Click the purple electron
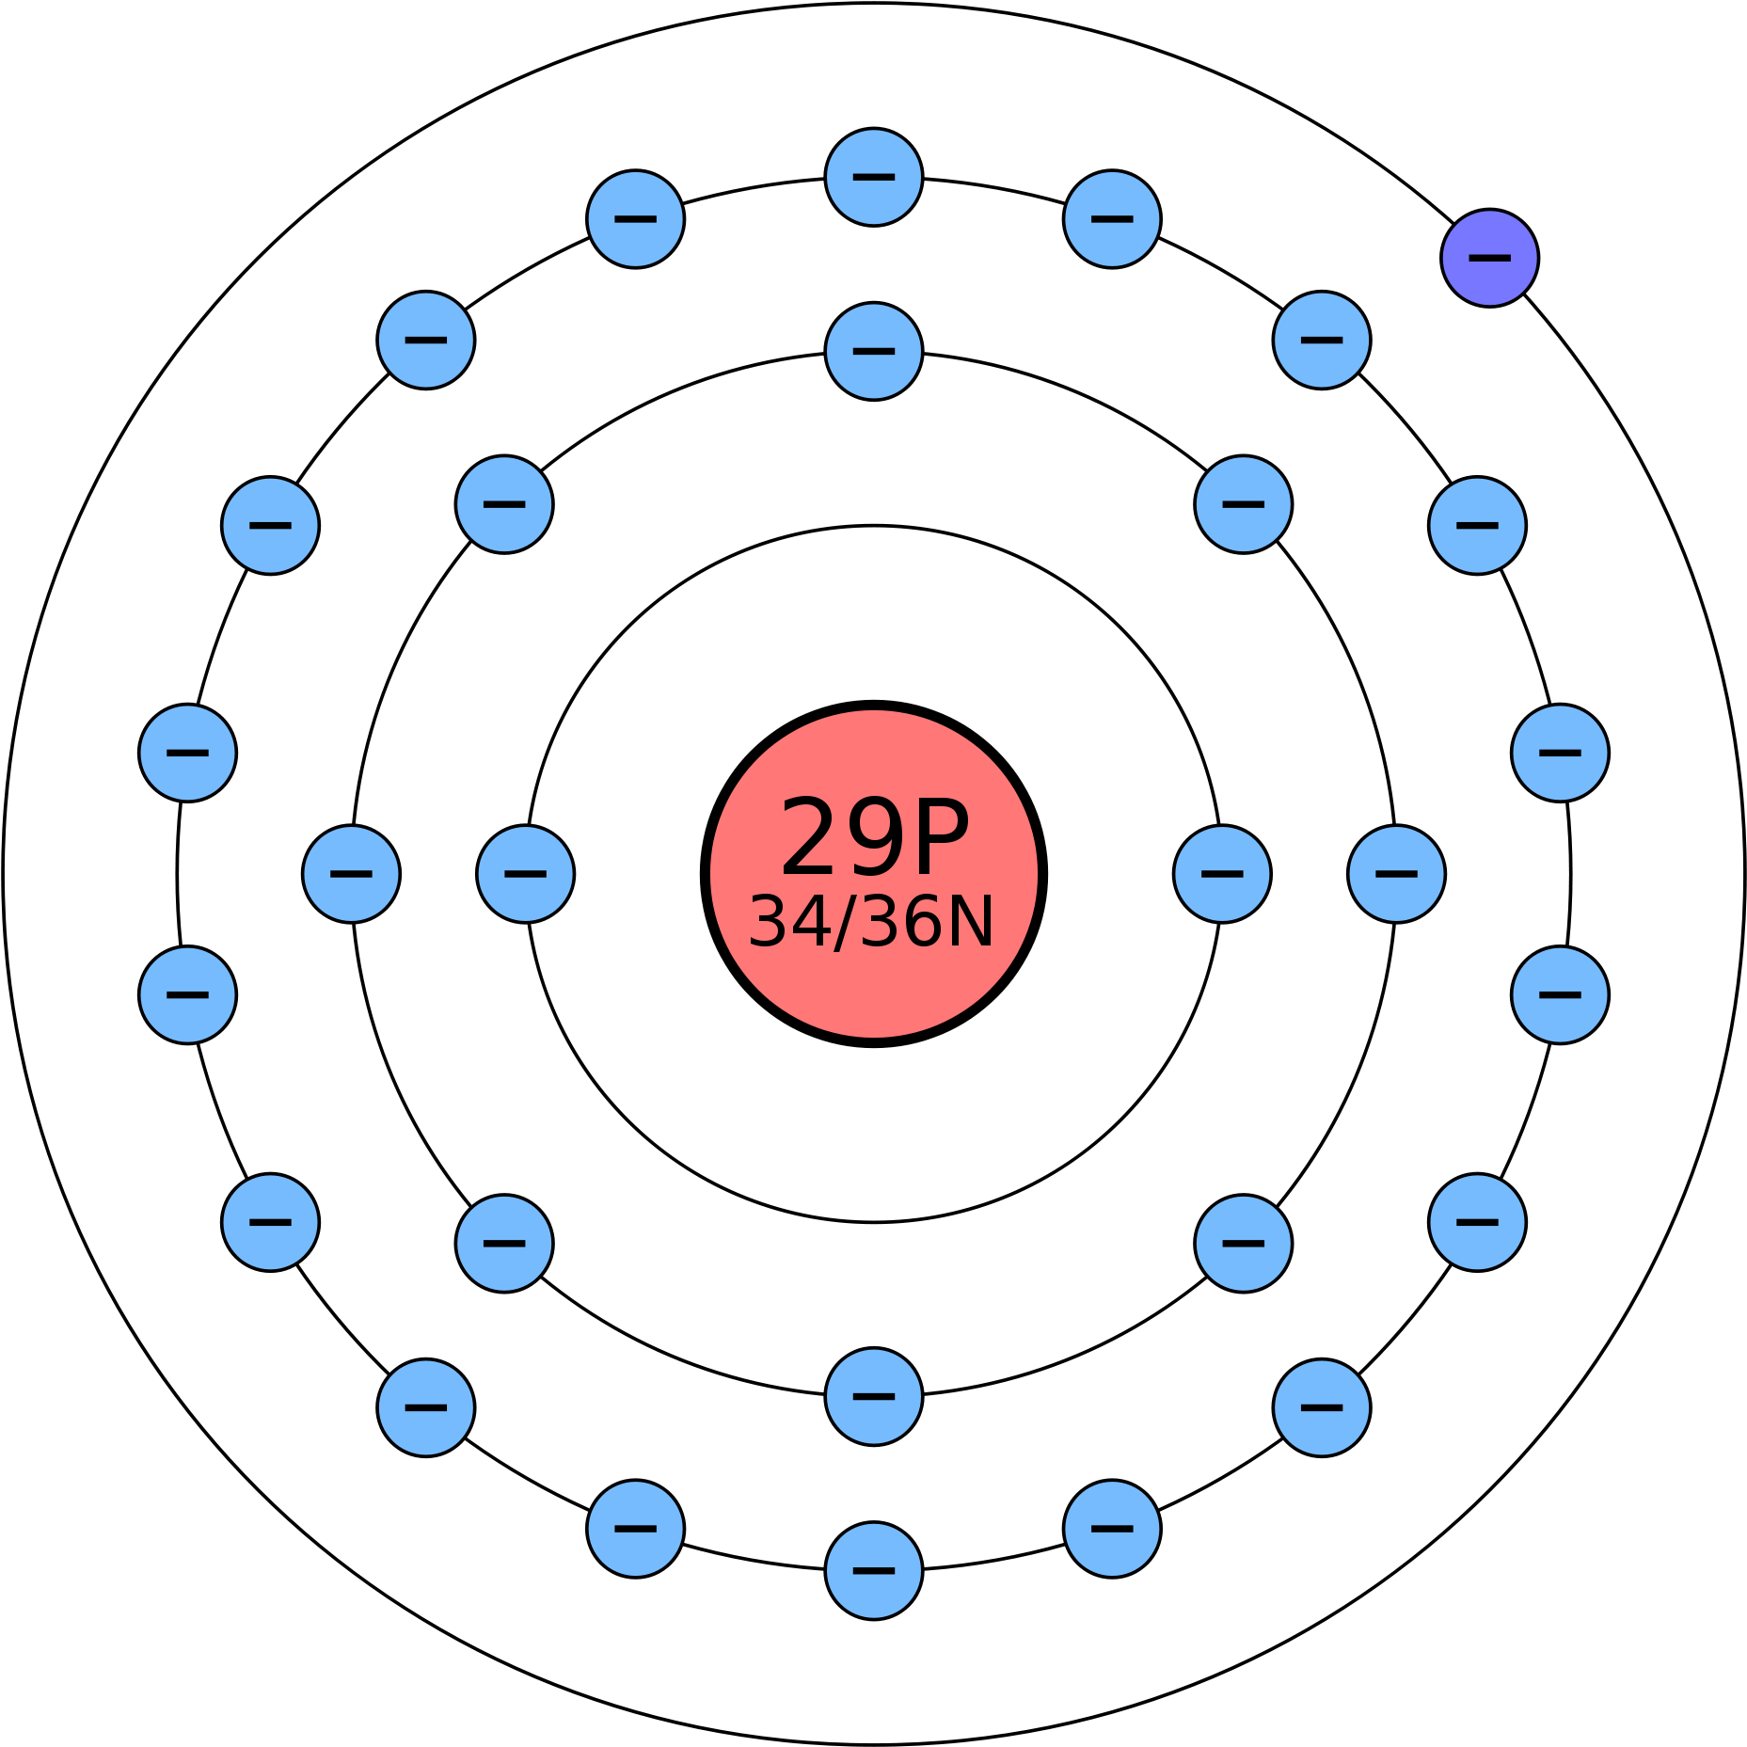click(x=1489, y=258)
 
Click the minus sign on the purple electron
click(x=1489, y=258)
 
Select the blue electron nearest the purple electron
click(x=1322, y=340)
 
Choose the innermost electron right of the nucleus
click(x=1222, y=874)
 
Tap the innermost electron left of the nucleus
click(x=526, y=874)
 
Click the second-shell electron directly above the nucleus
click(x=874, y=351)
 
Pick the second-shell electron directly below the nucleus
click(x=874, y=1397)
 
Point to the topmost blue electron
click(x=874, y=177)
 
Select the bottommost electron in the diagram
click(x=874, y=1571)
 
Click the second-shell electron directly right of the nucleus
click(x=1396, y=874)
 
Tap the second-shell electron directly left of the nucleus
click(x=351, y=874)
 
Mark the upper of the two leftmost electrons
click(x=187, y=753)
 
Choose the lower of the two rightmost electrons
click(x=1560, y=995)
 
